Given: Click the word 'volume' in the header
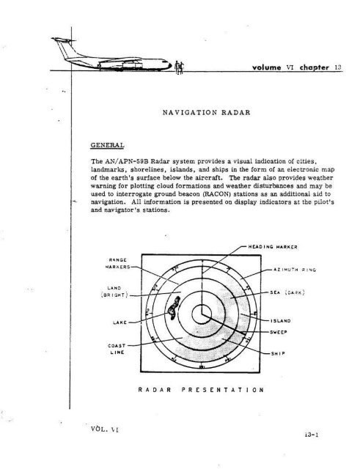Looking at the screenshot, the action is pyautogui.click(x=258, y=65).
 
